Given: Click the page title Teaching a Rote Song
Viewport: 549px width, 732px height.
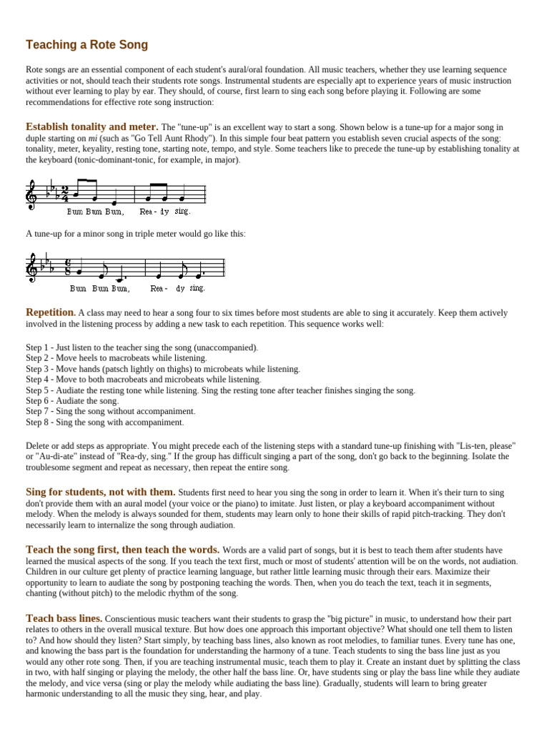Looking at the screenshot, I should point(86,45).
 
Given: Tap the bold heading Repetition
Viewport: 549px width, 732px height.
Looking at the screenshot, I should point(51,312).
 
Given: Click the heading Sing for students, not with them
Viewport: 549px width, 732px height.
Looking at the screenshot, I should point(100,492).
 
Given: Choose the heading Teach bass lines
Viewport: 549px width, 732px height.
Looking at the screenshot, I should point(64,618).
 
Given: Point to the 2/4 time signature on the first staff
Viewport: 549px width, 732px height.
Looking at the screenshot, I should point(64,194).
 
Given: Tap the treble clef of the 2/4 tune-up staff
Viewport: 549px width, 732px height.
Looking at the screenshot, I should point(32,194).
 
